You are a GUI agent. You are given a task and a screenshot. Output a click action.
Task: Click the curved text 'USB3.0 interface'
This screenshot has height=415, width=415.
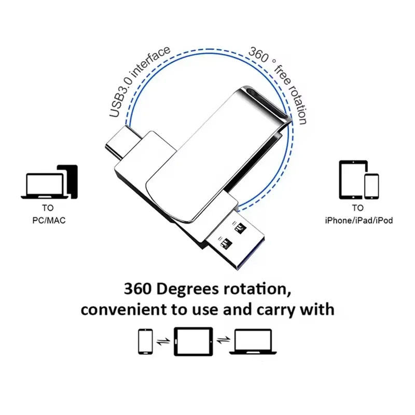138,80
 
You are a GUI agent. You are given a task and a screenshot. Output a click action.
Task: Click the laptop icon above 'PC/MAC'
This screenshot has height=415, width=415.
45,186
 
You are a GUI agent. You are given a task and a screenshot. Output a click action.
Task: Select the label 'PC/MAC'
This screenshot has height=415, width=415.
49,220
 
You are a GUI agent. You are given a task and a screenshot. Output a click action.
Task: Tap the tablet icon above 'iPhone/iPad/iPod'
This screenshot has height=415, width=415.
353,179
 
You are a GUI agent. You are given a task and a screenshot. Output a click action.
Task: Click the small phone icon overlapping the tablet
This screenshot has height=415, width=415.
371,186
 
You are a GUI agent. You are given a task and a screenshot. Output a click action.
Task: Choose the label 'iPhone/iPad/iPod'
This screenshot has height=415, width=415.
359,220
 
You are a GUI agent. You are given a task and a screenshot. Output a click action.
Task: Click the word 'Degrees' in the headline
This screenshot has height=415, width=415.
188,289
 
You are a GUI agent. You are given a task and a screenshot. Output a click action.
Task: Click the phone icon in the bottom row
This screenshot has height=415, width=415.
145,342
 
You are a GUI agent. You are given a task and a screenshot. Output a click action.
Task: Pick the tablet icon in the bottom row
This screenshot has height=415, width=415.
193,342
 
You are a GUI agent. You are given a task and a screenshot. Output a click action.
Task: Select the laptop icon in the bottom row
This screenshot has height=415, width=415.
253,342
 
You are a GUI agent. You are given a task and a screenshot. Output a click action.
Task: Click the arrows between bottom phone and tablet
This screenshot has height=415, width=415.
163,341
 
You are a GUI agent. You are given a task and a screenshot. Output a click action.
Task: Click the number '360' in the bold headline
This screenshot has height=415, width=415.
137,289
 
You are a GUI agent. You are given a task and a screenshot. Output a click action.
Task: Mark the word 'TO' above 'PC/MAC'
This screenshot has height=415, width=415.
48,208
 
